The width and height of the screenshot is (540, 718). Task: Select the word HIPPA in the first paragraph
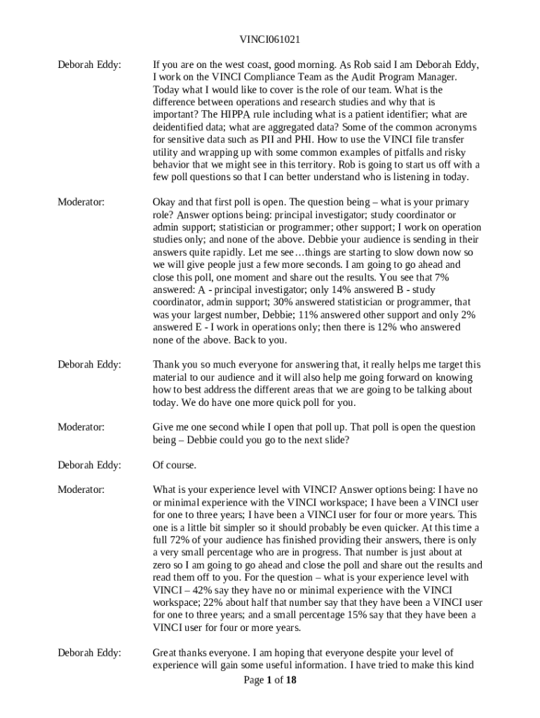(x=250, y=115)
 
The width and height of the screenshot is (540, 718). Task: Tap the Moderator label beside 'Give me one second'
(x=81, y=427)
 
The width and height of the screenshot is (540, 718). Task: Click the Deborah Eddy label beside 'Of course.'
(x=89, y=465)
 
